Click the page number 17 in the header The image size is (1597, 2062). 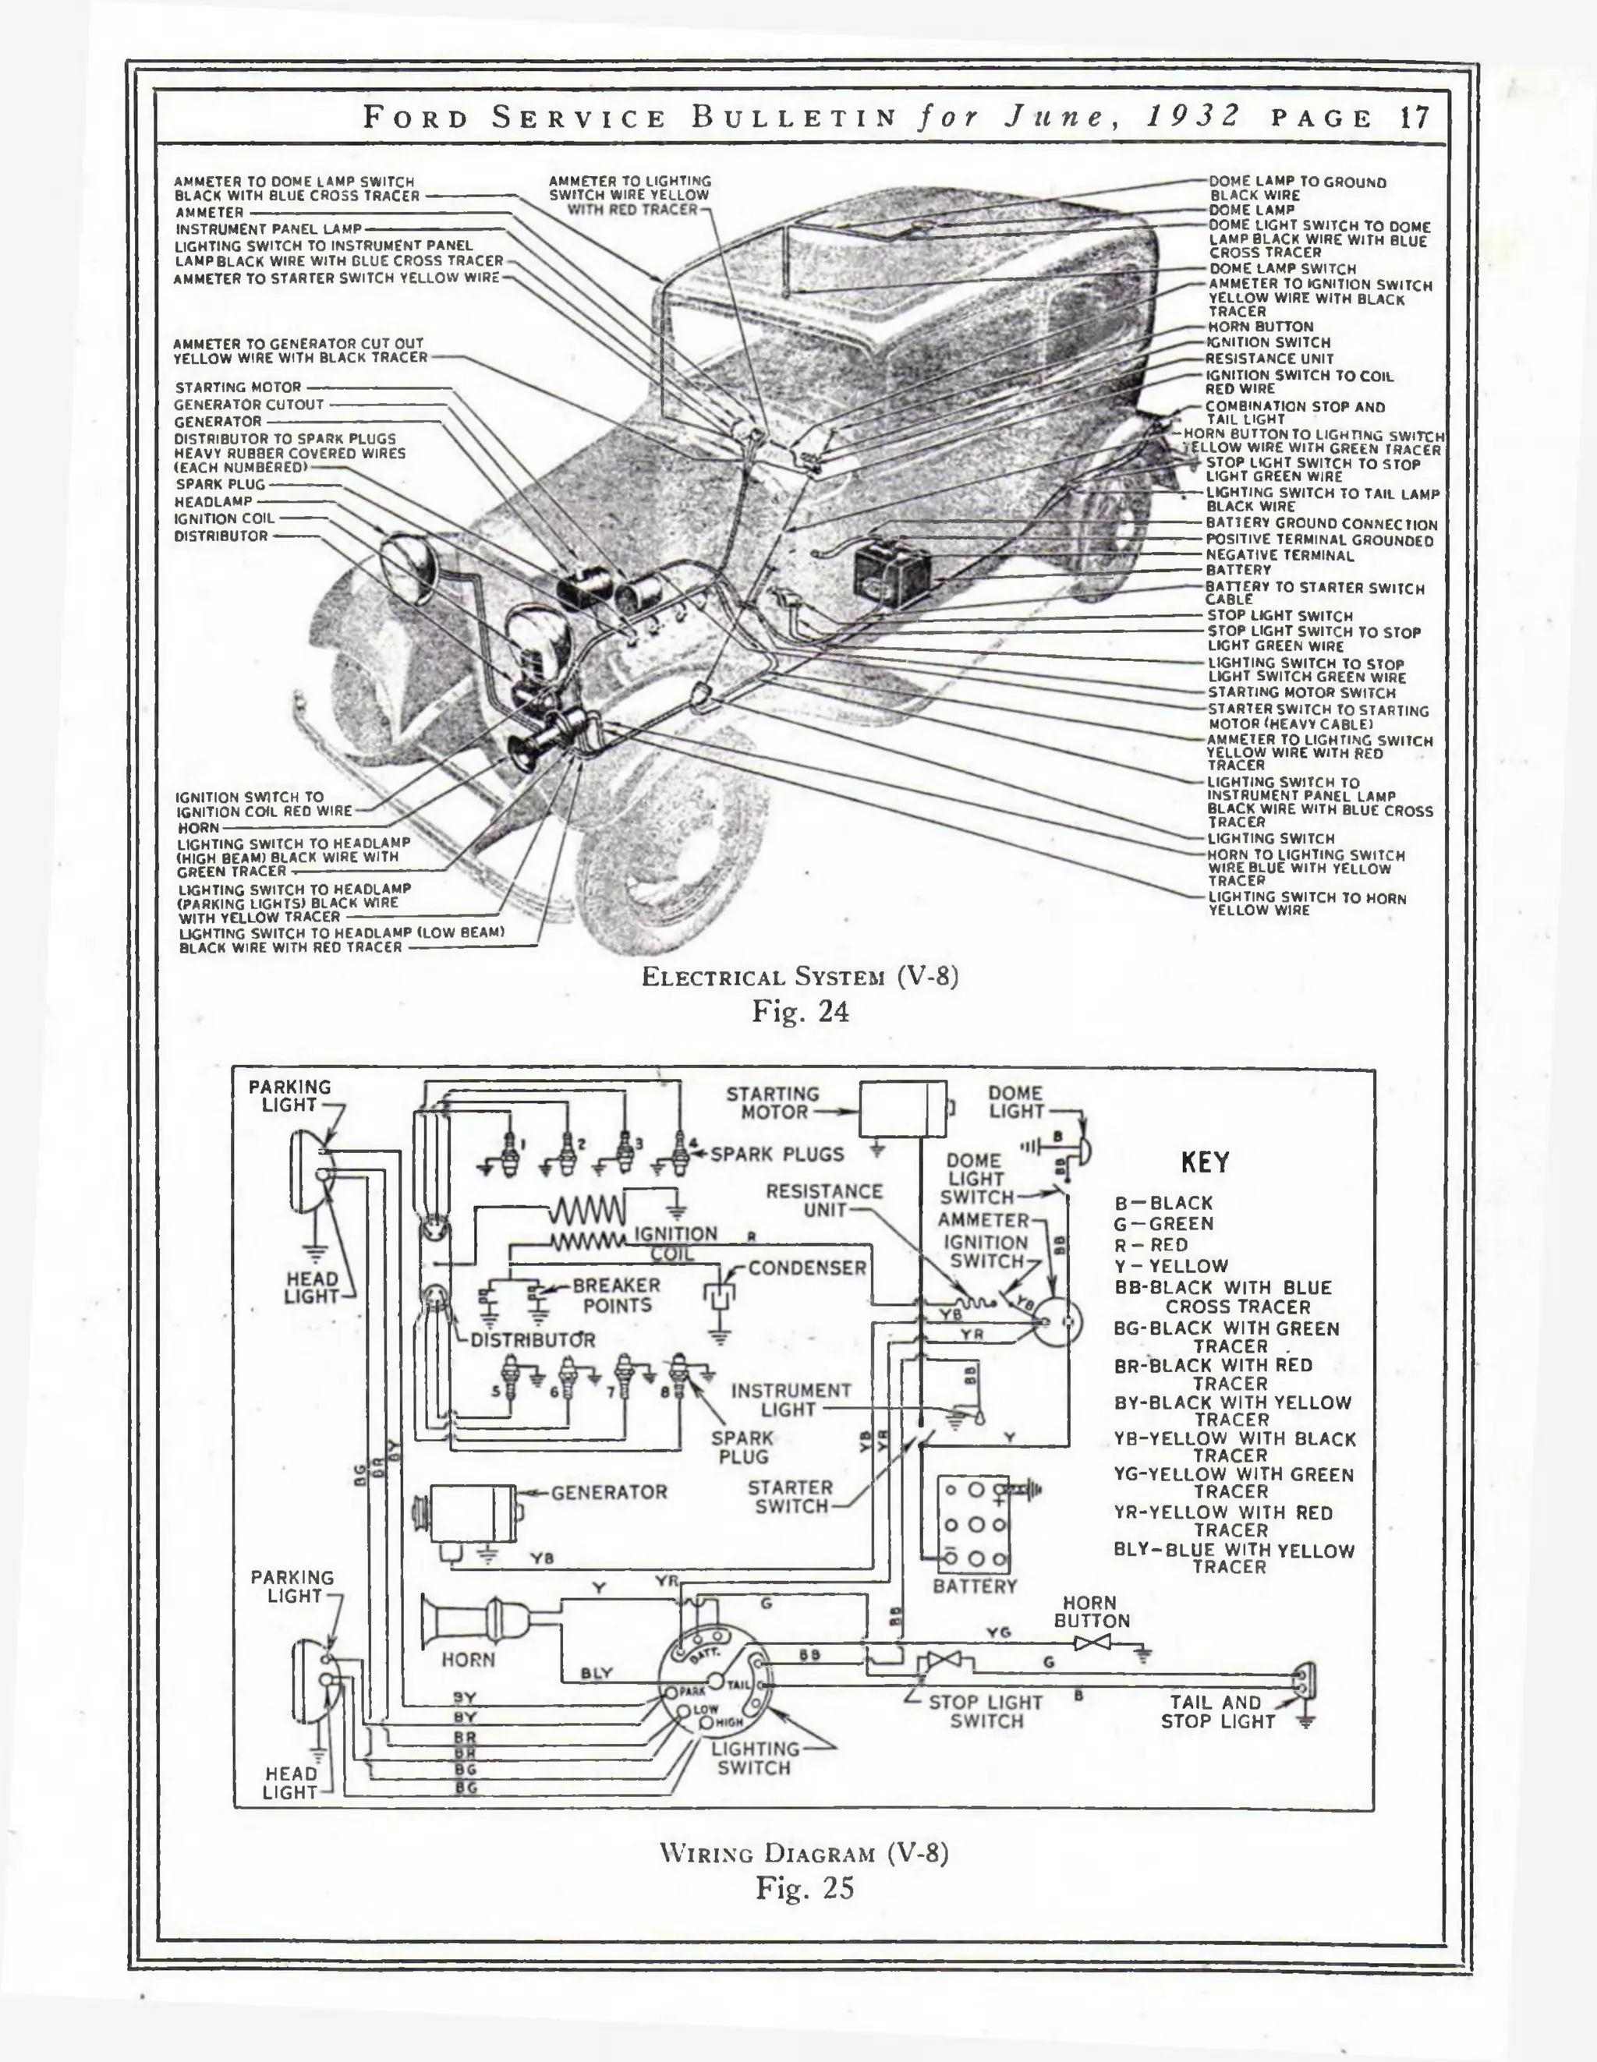click(x=1413, y=118)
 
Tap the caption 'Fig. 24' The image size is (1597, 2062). click(x=800, y=1011)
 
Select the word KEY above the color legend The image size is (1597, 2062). click(x=1205, y=1162)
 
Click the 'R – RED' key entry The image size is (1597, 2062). click(x=1150, y=1244)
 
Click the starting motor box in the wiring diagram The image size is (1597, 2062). click(x=902, y=1109)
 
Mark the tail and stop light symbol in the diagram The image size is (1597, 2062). click(x=1305, y=1682)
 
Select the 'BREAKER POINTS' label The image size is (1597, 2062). click(x=617, y=1296)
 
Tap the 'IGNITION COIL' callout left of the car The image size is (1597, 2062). click(x=224, y=518)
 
